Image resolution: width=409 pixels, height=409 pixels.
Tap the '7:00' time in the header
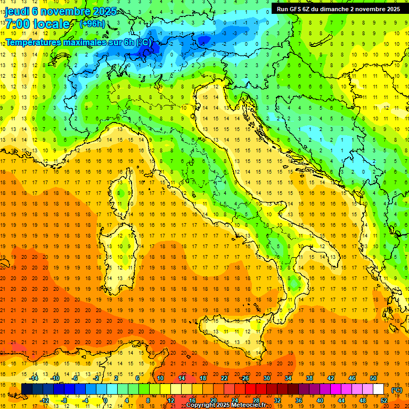click(18, 24)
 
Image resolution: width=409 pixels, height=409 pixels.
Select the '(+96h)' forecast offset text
click(92, 23)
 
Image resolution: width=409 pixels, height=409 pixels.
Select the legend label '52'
click(384, 400)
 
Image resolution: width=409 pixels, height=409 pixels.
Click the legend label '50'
click(373, 378)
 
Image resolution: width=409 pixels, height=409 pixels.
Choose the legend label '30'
click(267, 378)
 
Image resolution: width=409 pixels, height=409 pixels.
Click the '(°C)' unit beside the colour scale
click(397, 390)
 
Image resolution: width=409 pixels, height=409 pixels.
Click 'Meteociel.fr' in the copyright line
click(253, 405)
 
